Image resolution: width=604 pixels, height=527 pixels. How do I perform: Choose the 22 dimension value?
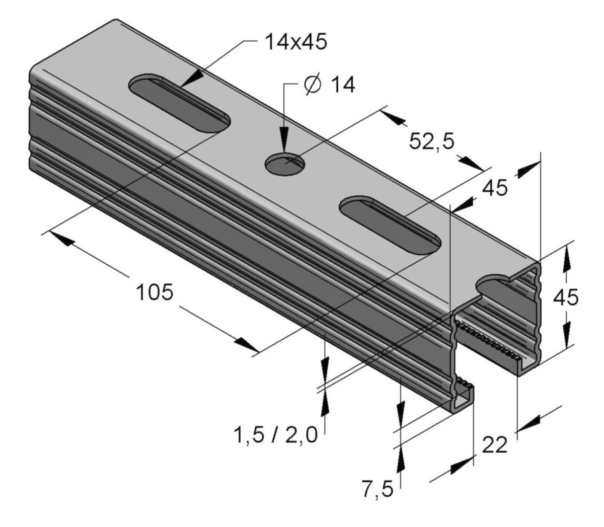[x=495, y=445]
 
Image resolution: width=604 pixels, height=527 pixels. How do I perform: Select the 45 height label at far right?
[x=566, y=297]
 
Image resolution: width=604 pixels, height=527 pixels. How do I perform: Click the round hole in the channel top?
[x=285, y=164]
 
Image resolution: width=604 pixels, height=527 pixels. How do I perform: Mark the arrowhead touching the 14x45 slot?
[x=193, y=79]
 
